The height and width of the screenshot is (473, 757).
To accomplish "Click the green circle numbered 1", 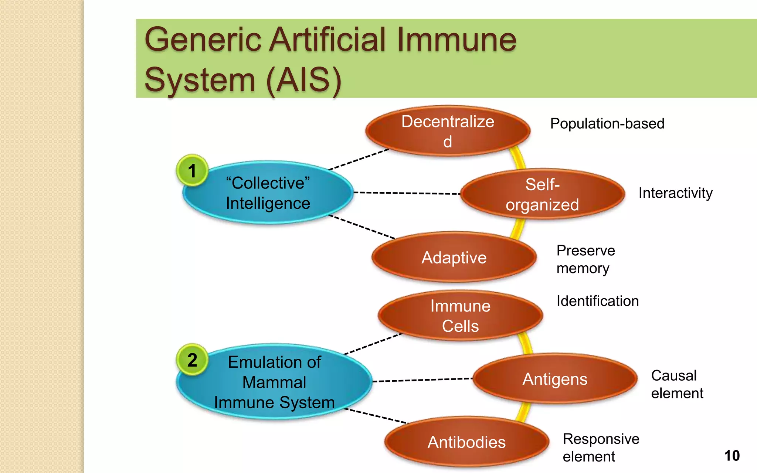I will [x=192, y=171].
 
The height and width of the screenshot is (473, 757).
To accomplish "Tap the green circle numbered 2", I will [x=192, y=360].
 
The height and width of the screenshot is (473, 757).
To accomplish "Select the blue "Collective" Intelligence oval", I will [x=268, y=193].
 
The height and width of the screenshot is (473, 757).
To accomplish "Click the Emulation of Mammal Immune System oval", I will [x=274, y=382].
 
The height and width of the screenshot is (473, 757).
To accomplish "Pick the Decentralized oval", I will [x=448, y=131].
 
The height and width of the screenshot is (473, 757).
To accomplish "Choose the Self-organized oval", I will [x=542, y=194].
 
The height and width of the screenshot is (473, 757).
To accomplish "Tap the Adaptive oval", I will [x=454, y=258].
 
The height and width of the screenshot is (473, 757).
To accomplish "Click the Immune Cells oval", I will [x=460, y=316].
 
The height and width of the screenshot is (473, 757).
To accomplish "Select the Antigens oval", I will [x=555, y=379].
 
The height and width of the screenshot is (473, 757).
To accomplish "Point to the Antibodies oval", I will [x=466, y=442].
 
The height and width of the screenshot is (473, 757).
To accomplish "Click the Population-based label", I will [x=607, y=124].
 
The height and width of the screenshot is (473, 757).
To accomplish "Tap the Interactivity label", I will [x=675, y=193].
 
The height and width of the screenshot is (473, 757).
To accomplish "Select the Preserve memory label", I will [x=585, y=259].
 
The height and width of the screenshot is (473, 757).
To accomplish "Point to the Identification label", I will [x=597, y=301].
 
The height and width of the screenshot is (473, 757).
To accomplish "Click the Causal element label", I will [x=677, y=384].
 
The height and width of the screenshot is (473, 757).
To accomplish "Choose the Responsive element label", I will [x=601, y=448].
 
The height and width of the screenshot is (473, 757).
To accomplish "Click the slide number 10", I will [x=732, y=456].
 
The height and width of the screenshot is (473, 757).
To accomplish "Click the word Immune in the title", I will [x=456, y=40].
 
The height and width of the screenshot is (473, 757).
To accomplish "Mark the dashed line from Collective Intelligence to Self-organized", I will [x=407, y=193].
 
